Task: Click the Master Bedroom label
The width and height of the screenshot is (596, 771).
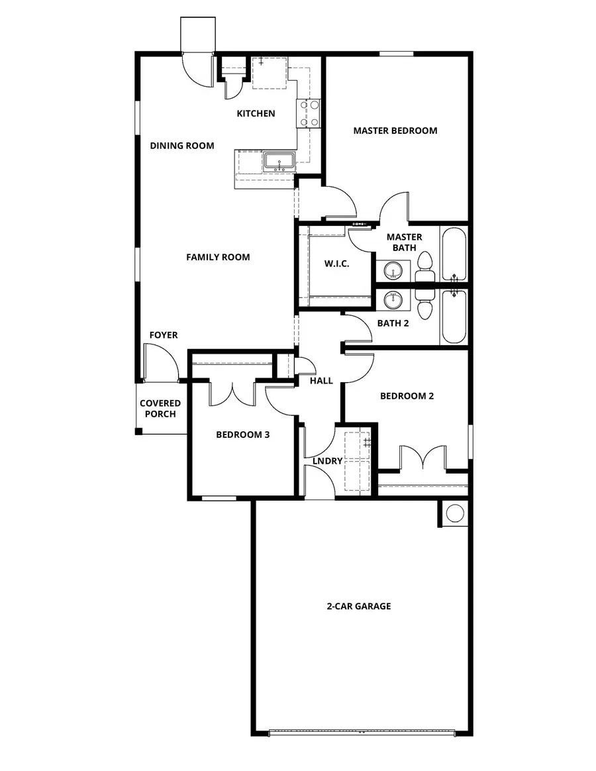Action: (395, 130)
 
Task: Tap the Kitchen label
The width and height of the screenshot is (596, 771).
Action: (256, 113)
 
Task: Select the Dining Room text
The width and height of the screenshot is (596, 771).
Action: (181, 146)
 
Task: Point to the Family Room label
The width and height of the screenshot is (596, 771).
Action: (218, 257)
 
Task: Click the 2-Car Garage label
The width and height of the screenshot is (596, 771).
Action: (358, 606)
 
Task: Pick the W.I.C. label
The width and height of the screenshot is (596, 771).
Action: (336, 264)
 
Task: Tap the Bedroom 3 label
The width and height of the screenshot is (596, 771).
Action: (242, 435)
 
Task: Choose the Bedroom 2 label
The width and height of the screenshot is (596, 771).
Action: (407, 396)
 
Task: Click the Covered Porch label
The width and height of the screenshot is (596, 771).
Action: (160, 409)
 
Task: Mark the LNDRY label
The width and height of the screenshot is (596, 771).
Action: (328, 461)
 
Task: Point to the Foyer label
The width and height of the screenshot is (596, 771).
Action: (163, 335)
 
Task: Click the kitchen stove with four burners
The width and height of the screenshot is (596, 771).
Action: (310, 113)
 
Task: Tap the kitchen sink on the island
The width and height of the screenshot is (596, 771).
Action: (279, 161)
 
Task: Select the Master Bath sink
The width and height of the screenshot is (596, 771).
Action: (393, 271)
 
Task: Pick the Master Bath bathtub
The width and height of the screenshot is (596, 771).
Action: (454, 255)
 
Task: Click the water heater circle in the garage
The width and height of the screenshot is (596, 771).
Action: (455, 513)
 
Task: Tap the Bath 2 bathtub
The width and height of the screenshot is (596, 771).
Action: (454, 316)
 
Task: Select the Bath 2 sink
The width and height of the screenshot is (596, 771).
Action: (393, 300)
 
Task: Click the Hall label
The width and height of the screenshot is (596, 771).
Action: (321, 381)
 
